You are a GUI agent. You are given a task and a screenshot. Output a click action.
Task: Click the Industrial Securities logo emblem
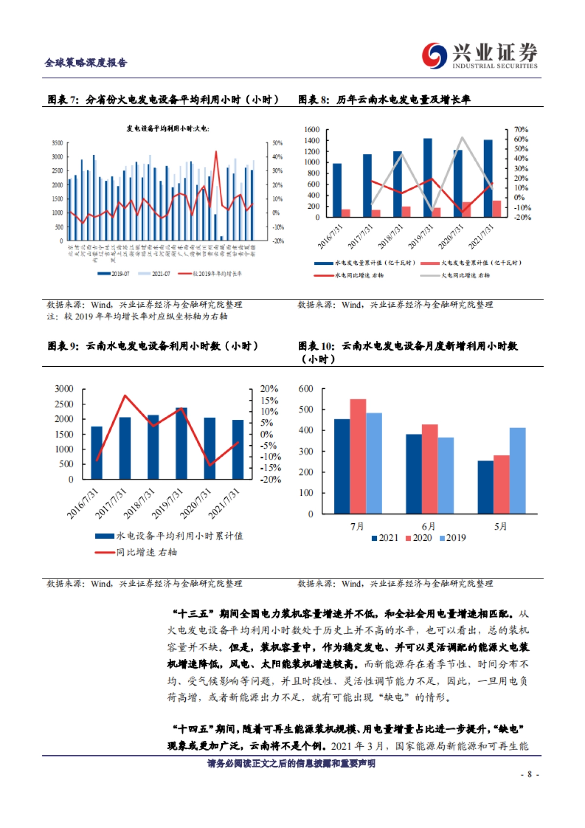click(434, 55)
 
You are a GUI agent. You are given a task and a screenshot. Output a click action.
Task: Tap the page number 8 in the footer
click(529, 774)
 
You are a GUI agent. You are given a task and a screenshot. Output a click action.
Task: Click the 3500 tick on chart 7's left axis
click(58, 143)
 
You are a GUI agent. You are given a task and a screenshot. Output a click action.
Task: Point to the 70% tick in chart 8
click(521, 129)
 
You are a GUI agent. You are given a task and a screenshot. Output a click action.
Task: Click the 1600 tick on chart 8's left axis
click(312, 129)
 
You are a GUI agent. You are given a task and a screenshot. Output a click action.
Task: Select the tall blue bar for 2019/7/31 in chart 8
click(428, 178)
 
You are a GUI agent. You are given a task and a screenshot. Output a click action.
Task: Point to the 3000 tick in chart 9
click(64, 389)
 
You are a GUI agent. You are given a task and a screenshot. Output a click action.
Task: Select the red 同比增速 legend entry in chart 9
click(136, 552)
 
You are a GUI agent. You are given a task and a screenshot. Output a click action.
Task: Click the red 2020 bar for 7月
click(358, 456)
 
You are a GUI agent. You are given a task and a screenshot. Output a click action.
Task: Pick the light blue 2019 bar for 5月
click(518, 471)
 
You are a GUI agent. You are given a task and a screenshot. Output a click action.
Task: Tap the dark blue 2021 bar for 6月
click(414, 473)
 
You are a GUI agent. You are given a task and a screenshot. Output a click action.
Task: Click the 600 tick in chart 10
click(306, 389)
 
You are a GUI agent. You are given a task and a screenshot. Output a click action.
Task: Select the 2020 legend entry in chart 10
click(419, 538)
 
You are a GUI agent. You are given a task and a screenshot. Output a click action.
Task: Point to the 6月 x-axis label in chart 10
click(429, 527)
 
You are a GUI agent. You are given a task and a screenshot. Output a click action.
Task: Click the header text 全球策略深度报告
click(86, 62)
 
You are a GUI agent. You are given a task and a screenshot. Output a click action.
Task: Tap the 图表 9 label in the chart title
click(63, 346)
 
